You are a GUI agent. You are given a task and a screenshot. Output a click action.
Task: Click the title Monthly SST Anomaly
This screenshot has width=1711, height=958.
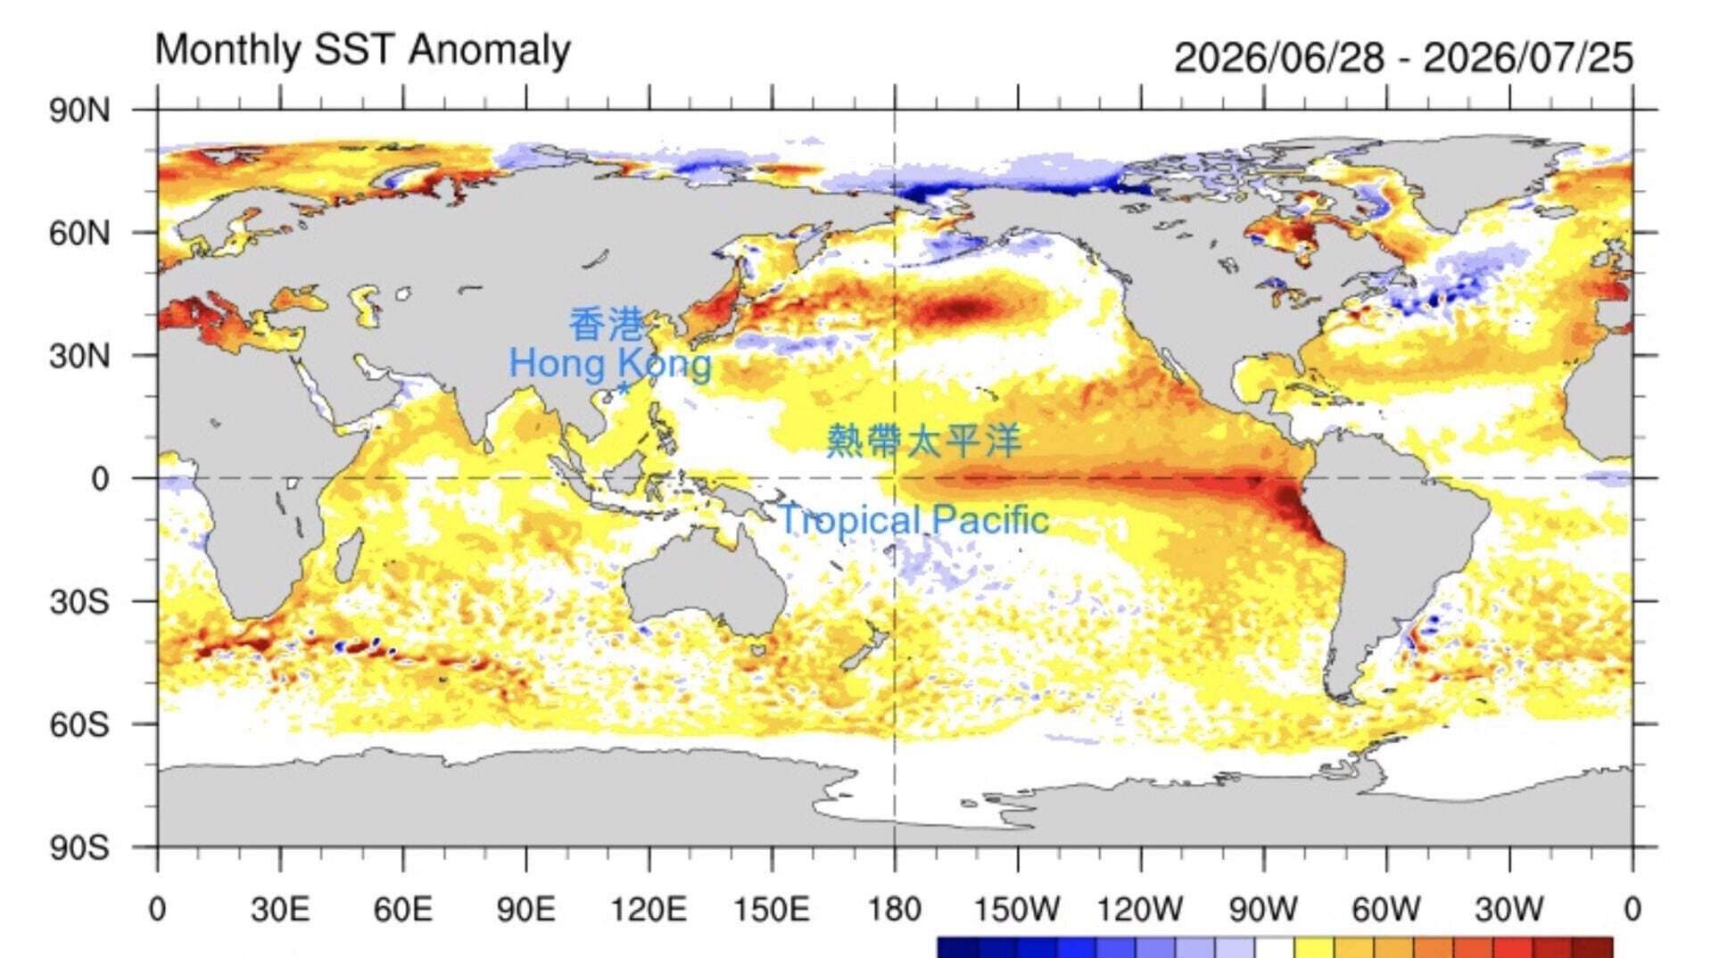click(363, 50)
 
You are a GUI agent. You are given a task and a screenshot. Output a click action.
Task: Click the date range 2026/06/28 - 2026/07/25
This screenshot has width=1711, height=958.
click(1403, 58)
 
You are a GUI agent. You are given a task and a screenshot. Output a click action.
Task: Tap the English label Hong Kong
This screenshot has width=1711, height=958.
click(610, 364)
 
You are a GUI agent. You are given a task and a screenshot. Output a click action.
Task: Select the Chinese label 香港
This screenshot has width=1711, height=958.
click(606, 325)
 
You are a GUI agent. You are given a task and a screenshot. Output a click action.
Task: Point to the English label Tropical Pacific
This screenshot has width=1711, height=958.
click(913, 519)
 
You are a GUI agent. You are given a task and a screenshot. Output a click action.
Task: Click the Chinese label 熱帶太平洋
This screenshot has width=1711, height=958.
click(923, 441)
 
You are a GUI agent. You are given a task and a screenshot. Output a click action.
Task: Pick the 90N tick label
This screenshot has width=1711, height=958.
click(80, 111)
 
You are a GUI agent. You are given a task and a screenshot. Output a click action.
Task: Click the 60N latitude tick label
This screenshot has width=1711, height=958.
click(80, 233)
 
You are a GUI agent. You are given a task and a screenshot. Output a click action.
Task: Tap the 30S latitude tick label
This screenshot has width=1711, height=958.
click(80, 601)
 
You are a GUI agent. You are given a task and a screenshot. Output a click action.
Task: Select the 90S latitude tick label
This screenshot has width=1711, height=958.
click(80, 847)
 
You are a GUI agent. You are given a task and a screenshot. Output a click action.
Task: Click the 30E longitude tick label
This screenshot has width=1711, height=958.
click(280, 909)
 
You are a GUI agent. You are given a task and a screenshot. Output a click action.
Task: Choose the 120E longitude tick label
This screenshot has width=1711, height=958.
click(649, 909)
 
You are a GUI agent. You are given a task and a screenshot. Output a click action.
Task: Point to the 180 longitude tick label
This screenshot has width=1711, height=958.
click(895, 909)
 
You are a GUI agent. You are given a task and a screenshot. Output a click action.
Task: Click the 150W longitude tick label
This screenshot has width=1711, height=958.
click(1017, 909)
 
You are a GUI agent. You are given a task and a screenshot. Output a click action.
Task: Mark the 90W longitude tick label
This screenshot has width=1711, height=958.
click(1263, 909)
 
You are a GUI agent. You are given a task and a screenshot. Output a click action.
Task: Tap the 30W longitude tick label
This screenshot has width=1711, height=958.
click(1509, 909)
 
